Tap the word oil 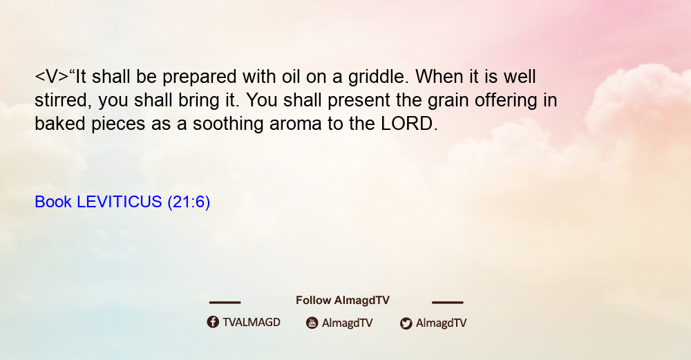click(291, 76)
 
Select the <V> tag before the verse click(52, 77)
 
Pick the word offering click(506, 101)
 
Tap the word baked click(60, 124)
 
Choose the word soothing click(228, 124)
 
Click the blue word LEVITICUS click(120, 202)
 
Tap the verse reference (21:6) click(189, 202)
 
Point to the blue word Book click(53, 202)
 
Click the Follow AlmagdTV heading click(343, 301)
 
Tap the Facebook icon click(213, 322)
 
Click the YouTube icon click(312, 323)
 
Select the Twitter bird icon click(406, 323)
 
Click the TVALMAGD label click(252, 323)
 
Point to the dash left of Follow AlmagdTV click(225, 302)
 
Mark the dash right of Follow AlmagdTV click(448, 302)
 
